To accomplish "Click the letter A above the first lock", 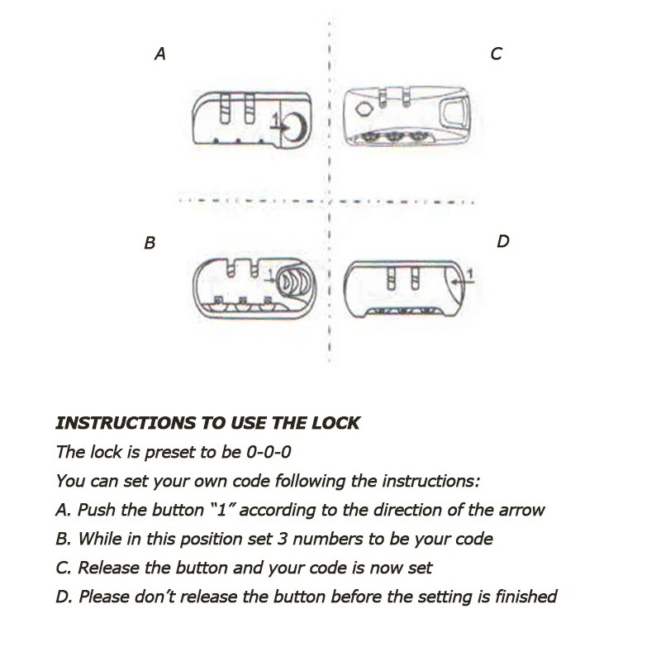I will [x=160, y=55].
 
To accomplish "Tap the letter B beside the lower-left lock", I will [x=150, y=244].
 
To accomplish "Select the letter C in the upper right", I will [x=496, y=55].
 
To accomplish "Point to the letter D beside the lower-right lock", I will [x=502, y=242].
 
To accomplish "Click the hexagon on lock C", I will [x=362, y=110].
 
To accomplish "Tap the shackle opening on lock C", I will [x=454, y=110].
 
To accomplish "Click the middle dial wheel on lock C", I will [x=392, y=135].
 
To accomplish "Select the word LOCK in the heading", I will [x=338, y=423].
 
